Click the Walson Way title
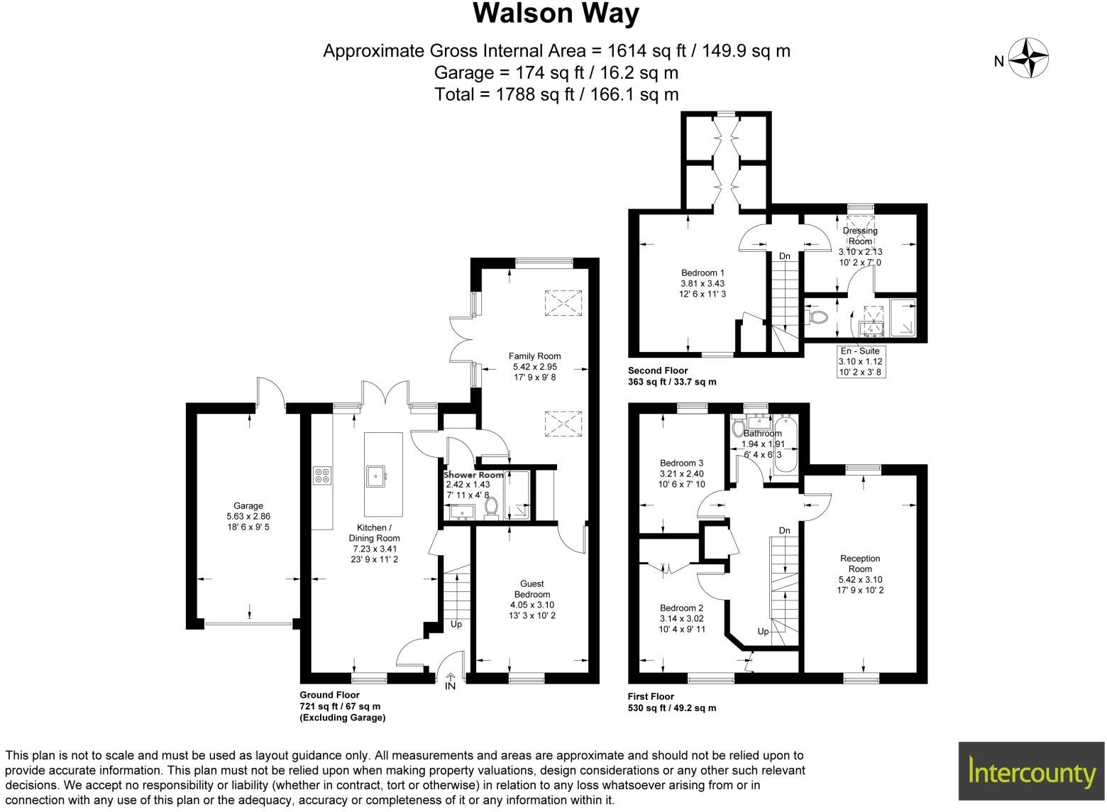coord(556,13)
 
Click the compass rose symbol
coord(1028,59)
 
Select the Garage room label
coord(248,506)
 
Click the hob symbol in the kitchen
coord(322,475)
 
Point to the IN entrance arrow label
coord(450,686)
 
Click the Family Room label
coord(534,356)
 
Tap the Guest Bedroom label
coord(532,589)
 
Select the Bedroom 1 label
coord(703,273)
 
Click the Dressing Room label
coord(860,236)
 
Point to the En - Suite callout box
coord(859,361)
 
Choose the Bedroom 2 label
coord(681,608)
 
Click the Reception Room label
coord(860,564)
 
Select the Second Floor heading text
coord(658,371)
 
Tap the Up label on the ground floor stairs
coord(456,625)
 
